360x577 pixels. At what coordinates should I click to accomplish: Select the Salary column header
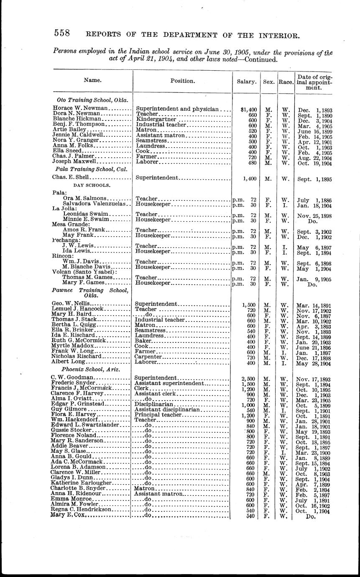coord(247,82)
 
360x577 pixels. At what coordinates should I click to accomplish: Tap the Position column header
coord(182,81)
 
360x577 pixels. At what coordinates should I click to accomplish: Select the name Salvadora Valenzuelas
coord(96,204)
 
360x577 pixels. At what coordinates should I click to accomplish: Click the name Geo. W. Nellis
coord(70,304)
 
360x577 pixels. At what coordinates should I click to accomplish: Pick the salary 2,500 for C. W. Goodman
coord(248,378)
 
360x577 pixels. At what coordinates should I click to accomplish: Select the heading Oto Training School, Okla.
coord(92,100)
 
